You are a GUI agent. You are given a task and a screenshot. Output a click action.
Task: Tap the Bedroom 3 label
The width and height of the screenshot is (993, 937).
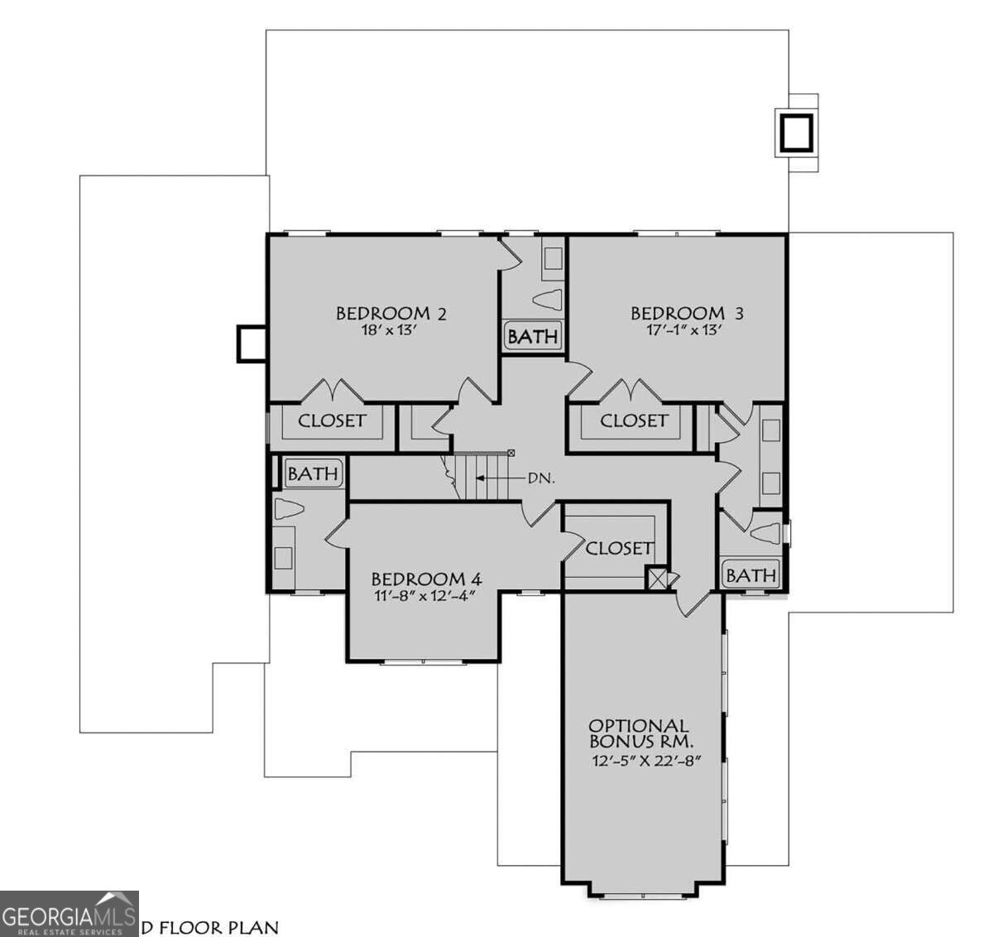[687, 313]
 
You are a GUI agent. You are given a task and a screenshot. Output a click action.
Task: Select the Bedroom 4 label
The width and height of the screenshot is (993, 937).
[425, 579]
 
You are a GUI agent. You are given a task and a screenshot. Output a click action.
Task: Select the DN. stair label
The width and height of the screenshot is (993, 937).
[541, 478]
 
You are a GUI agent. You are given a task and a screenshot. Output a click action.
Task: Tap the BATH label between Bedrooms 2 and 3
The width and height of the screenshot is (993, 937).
[533, 337]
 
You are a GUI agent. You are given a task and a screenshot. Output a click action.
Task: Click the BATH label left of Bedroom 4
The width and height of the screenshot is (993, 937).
[313, 473]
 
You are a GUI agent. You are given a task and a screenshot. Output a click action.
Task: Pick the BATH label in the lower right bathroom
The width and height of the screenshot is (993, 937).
[751, 574]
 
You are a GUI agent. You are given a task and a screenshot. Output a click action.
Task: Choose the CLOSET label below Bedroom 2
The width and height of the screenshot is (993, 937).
[332, 420]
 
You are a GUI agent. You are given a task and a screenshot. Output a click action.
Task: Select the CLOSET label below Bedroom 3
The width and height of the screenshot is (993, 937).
[633, 420]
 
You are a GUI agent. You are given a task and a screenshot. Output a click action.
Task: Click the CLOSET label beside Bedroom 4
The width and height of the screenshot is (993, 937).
[618, 548]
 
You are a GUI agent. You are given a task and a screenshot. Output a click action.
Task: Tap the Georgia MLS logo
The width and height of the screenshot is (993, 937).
[69, 913]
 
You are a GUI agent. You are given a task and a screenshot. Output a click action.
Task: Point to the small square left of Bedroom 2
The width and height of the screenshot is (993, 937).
[250, 343]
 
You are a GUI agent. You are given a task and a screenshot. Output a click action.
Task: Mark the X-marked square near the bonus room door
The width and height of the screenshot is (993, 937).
[658, 579]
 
